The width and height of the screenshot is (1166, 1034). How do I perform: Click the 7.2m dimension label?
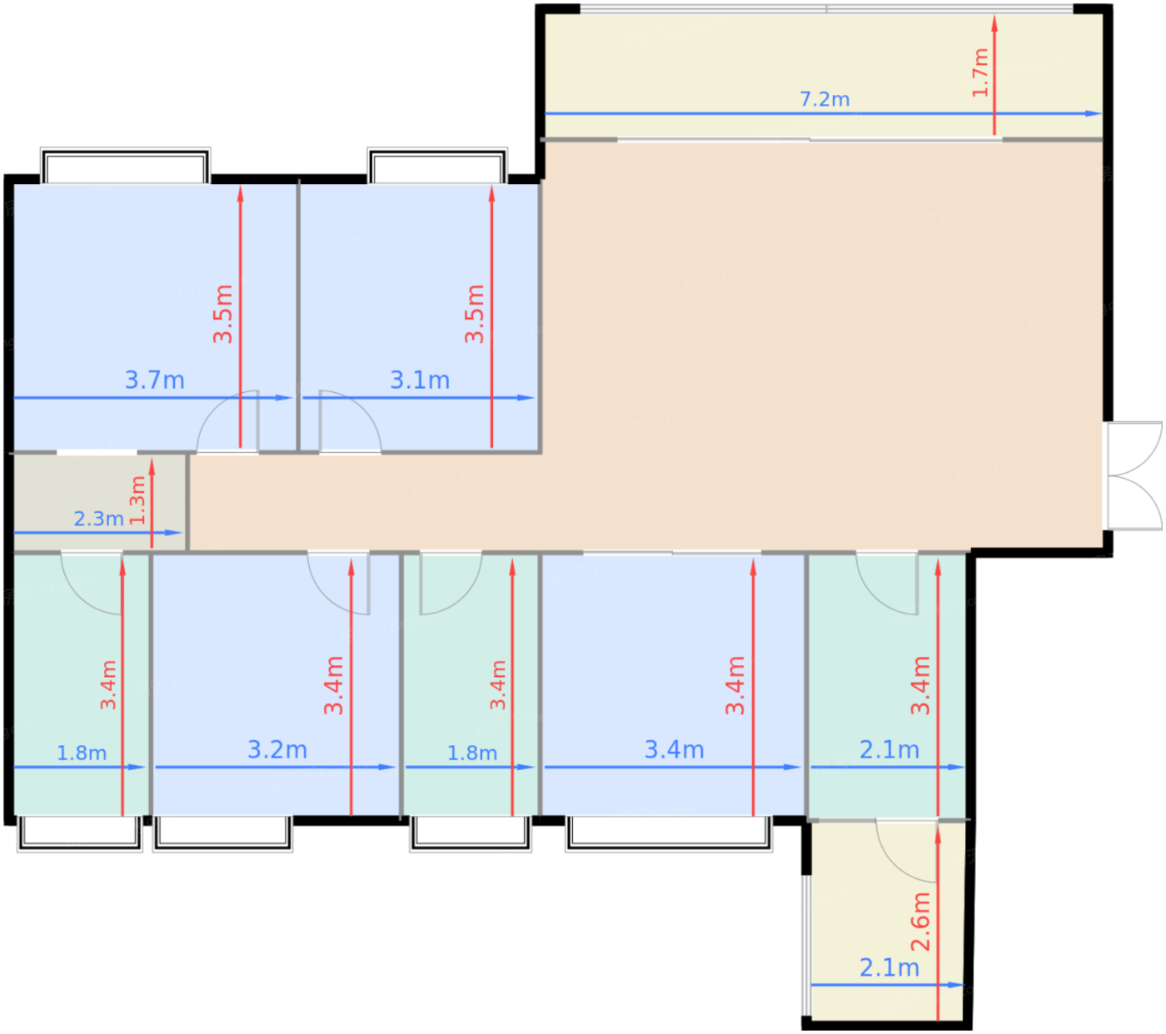(824, 99)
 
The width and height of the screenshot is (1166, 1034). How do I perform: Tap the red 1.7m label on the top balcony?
(979, 72)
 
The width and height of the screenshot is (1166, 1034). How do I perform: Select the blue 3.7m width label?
(154, 380)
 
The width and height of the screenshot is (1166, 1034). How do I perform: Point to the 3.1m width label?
(420, 380)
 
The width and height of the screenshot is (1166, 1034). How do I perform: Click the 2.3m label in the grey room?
(98, 519)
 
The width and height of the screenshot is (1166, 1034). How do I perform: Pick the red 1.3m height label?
(137, 500)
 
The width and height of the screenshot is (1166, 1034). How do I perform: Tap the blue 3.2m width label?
(277, 749)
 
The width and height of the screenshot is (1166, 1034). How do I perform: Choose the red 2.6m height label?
(920, 922)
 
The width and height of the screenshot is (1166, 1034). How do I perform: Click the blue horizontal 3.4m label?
(674, 749)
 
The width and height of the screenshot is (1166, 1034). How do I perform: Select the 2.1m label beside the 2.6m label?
(889, 967)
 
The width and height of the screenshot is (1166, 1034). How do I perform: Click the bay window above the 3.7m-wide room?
(125, 165)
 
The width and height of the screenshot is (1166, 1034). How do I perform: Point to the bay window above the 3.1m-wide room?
(436, 165)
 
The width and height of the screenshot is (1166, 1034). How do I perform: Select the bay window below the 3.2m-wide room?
(222, 833)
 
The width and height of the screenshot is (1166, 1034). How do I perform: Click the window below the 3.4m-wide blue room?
(668, 833)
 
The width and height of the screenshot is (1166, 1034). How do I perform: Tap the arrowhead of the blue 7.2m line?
(1093, 113)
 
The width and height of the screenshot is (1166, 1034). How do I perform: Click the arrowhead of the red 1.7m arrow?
(994, 23)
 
